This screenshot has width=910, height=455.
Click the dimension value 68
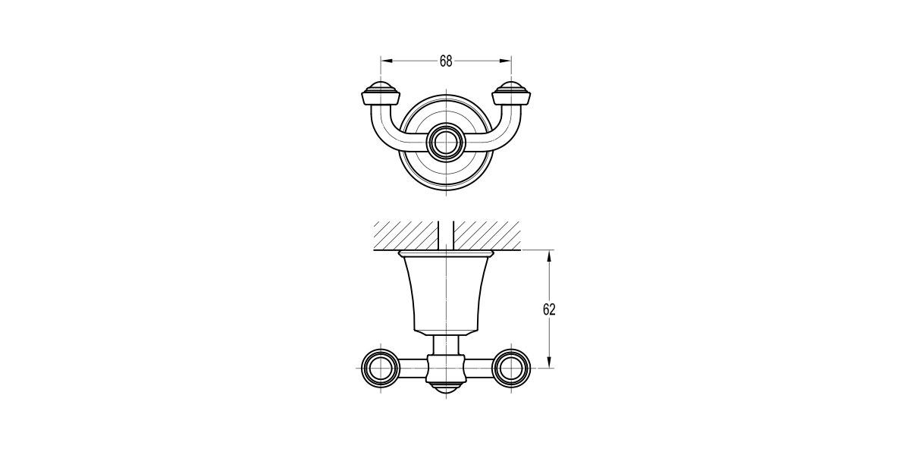(446, 61)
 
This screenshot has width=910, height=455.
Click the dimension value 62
(549, 309)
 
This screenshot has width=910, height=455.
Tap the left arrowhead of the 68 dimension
(387, 61)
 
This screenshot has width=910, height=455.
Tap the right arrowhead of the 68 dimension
(505, 61)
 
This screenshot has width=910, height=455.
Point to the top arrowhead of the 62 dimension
(549, 256)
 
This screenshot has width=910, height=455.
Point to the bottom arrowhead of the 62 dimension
(549, 362)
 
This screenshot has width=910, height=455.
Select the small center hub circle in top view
(446, 144)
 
